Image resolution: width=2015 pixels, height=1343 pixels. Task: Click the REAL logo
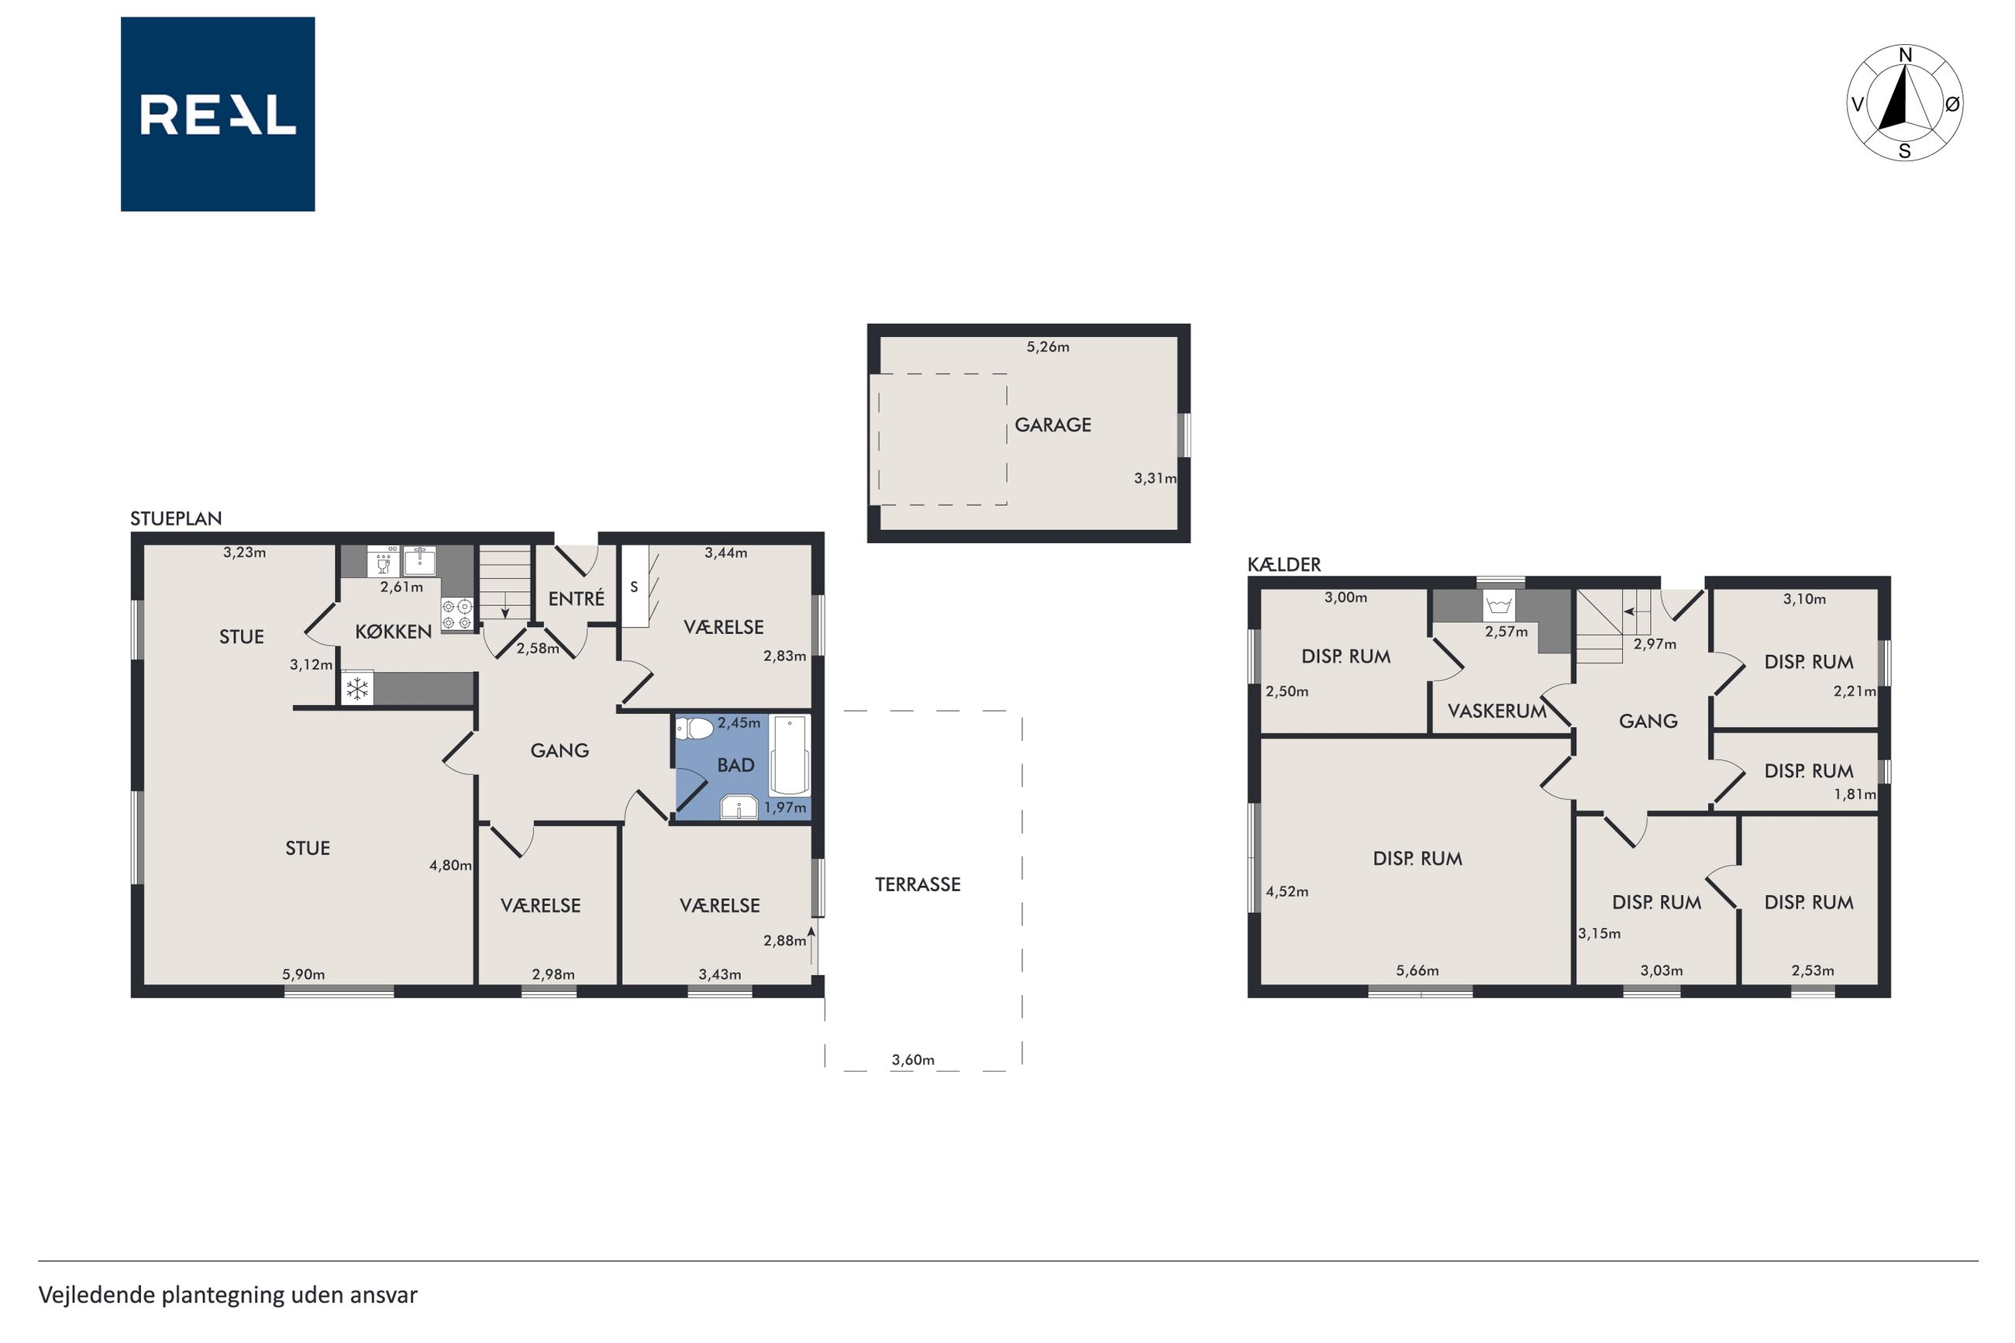pos(218,114)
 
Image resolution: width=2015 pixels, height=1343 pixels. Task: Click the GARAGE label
pos(1052,425)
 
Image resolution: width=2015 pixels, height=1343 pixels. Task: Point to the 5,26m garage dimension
pos(1047,347)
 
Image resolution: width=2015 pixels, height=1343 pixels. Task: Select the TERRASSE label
pos(917,885)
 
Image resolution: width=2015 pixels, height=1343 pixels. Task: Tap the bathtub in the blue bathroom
pos(789,755)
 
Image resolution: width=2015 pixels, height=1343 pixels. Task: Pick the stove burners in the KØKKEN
pos(456,613)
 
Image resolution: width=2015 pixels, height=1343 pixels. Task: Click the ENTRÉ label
pos(577,599)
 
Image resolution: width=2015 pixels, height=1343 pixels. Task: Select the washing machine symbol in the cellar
pos(1498,605)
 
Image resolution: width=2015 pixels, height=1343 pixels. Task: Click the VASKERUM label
pos(1497,711)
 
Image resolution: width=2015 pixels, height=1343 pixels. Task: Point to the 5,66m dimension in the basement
pos(1417,970)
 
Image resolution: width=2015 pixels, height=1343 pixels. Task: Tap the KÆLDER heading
pos(1283,564)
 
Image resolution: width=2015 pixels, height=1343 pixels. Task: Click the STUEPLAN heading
pos(176,518)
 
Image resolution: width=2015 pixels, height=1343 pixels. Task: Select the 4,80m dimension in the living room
pos(450,865)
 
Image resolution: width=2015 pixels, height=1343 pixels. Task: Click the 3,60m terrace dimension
pos(913,1059)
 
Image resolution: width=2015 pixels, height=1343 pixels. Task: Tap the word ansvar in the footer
pos(384,1295)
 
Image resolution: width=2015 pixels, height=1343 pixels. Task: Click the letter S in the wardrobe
pos(634,587)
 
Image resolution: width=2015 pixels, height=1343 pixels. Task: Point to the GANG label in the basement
pos(1648,721)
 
